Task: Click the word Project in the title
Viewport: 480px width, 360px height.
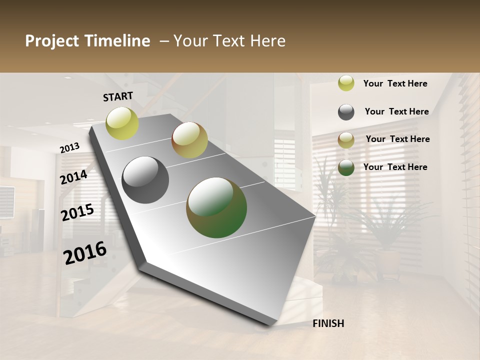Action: tap(52, 41)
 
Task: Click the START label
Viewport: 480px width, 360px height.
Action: tap(118, 96)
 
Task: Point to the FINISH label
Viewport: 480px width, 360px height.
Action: tap(328, 323)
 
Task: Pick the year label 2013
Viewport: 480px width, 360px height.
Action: tap(70, 148)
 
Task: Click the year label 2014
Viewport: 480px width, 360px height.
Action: tap(74, 177)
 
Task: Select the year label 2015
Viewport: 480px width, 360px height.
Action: tap(77, 212)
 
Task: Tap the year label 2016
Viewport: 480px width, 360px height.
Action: tap(85, 253)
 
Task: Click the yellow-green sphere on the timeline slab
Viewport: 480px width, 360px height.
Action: tap(122, 123)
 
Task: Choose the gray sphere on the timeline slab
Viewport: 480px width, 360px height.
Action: tap(145, 179)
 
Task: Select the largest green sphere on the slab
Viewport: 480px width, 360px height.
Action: tap(216, 207)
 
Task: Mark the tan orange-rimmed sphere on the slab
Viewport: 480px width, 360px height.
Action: tap(189, 140)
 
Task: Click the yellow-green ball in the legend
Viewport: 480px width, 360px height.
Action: tap(346, 83)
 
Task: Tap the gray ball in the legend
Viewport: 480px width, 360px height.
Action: tap(346, 112)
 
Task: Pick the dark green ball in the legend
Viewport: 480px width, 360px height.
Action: tap(346, 167)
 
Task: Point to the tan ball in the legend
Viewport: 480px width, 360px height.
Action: tap(346, 140)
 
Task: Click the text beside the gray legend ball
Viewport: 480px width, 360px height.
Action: tap(396, 111)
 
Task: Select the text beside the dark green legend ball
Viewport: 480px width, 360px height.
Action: tap(395, 167)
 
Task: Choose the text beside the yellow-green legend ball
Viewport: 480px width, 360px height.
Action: tap(395, 83)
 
